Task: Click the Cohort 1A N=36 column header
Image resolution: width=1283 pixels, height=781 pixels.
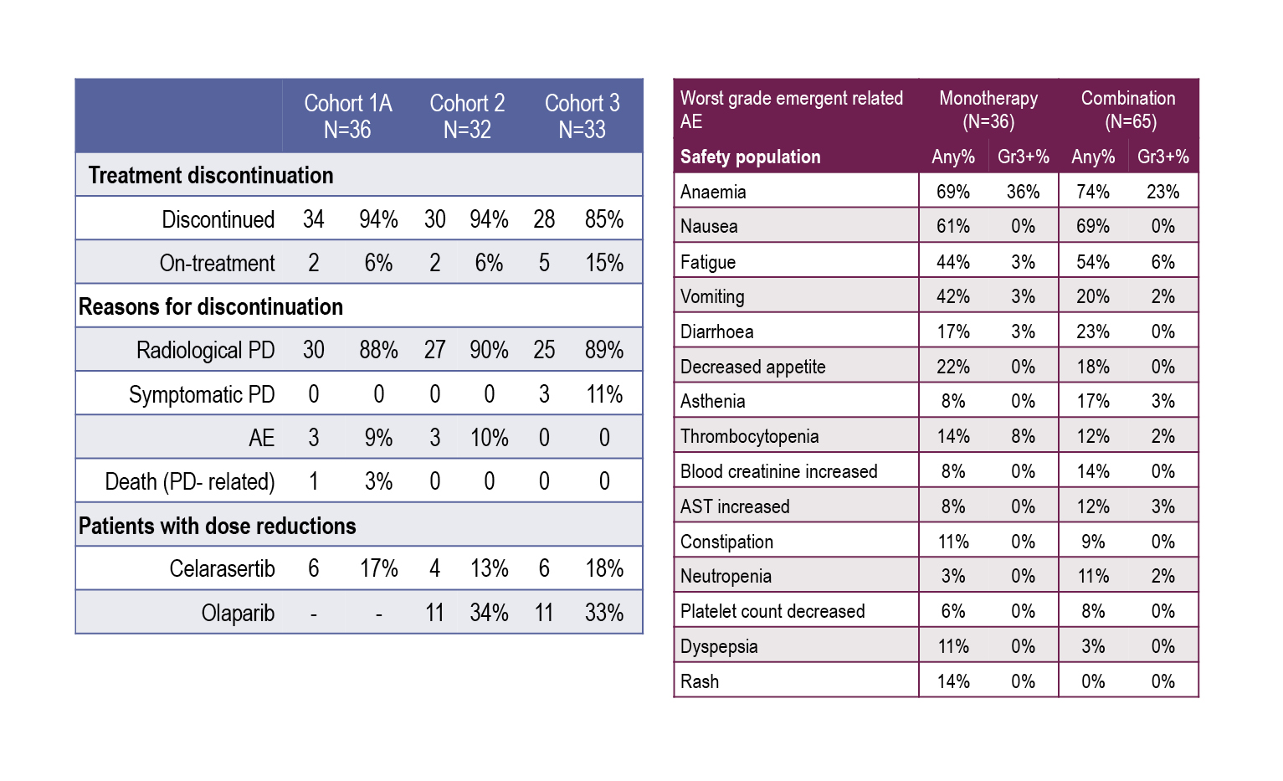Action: tap(347, 116)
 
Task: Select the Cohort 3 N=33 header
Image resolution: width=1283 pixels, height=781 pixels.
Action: tap(582, 116)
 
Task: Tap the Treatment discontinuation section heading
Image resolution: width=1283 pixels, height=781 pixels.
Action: tap(211, 175)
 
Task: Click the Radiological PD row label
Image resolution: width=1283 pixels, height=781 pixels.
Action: tap(205, 350)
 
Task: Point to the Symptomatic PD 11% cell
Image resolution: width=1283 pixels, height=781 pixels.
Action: tap(604, 394)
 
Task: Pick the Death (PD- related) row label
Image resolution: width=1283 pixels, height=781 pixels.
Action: tap(190, 481)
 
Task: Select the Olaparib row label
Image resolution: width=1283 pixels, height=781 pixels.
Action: tap(238, 613)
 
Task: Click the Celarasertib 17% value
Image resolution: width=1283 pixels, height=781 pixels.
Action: tap(378, 569)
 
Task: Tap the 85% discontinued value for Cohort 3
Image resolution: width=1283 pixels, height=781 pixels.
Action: tap(604, 219)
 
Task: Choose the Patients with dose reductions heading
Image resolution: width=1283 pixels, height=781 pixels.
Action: tap(218, 526)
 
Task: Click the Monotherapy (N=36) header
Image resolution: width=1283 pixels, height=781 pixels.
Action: tap(988, 110)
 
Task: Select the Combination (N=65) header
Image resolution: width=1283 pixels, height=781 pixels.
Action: tap(1128, 110)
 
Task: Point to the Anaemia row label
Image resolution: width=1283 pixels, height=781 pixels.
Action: tap(713, 192)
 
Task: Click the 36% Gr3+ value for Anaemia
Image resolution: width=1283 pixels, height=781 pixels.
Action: tap(1023, 192)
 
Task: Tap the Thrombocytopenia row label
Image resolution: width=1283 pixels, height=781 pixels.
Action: tap(749, 436)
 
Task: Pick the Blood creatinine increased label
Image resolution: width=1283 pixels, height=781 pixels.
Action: tap(778, 471)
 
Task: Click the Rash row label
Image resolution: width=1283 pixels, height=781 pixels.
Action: tap(700, 681)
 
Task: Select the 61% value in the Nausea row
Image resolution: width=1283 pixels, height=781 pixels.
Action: tap(952, 226)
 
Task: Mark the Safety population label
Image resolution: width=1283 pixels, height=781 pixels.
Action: tap(750, 157)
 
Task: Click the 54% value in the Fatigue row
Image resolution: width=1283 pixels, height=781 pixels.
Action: tap(1092, 262)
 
